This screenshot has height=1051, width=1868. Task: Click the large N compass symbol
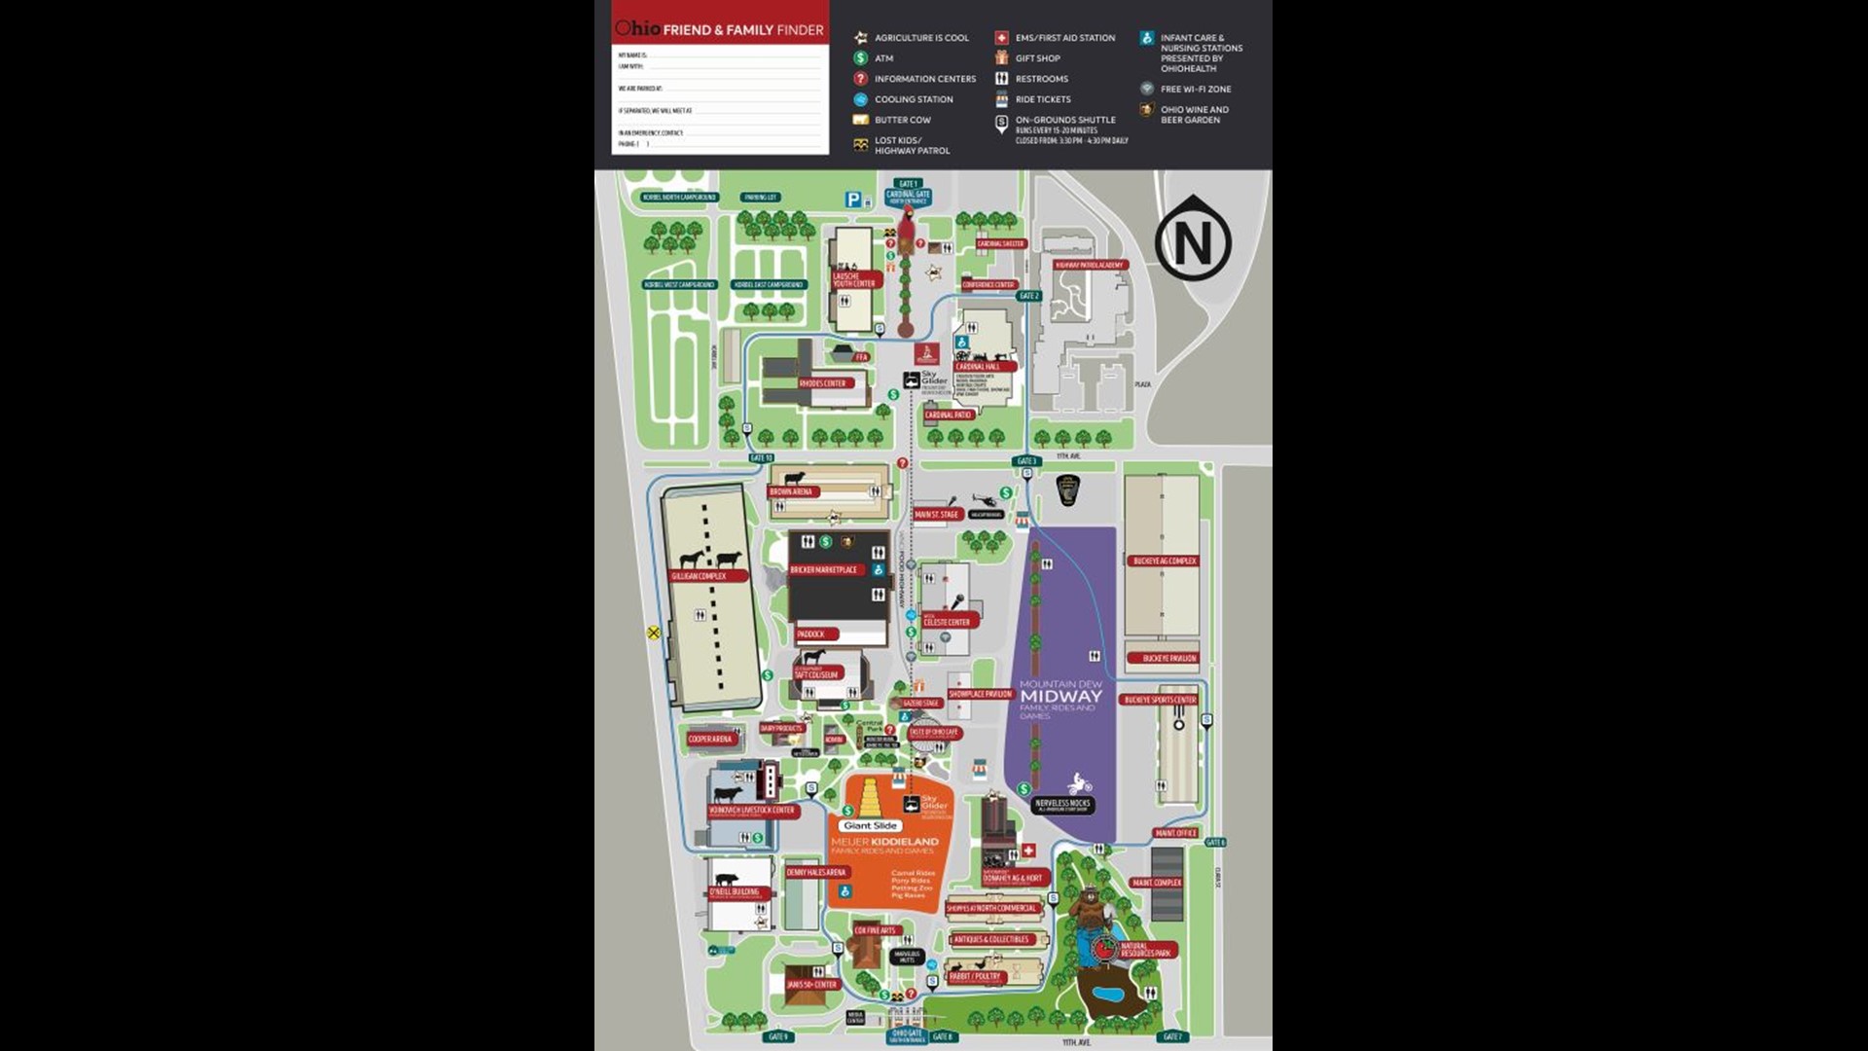pos(1193,240)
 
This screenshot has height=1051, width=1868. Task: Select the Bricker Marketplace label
pos(823,570)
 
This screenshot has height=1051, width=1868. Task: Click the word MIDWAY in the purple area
pos(1060,696)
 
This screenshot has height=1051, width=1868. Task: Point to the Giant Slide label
pos(870,825)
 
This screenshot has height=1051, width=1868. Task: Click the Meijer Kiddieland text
pos(884,842)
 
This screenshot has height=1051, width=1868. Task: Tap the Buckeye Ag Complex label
pos(1164,561)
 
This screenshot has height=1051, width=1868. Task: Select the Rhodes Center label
pos(822,383)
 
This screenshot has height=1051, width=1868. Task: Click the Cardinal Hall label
pos(978,367)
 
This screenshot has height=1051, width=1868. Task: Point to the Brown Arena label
pos(791,492)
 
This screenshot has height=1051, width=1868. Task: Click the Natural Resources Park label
pos(1145,950)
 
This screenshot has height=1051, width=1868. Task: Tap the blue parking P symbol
pos(853,199)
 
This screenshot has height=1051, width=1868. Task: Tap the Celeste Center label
pos(947,622)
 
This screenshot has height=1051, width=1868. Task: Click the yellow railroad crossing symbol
pos(654,633)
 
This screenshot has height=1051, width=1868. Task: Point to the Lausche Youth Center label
pos(853,279)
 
